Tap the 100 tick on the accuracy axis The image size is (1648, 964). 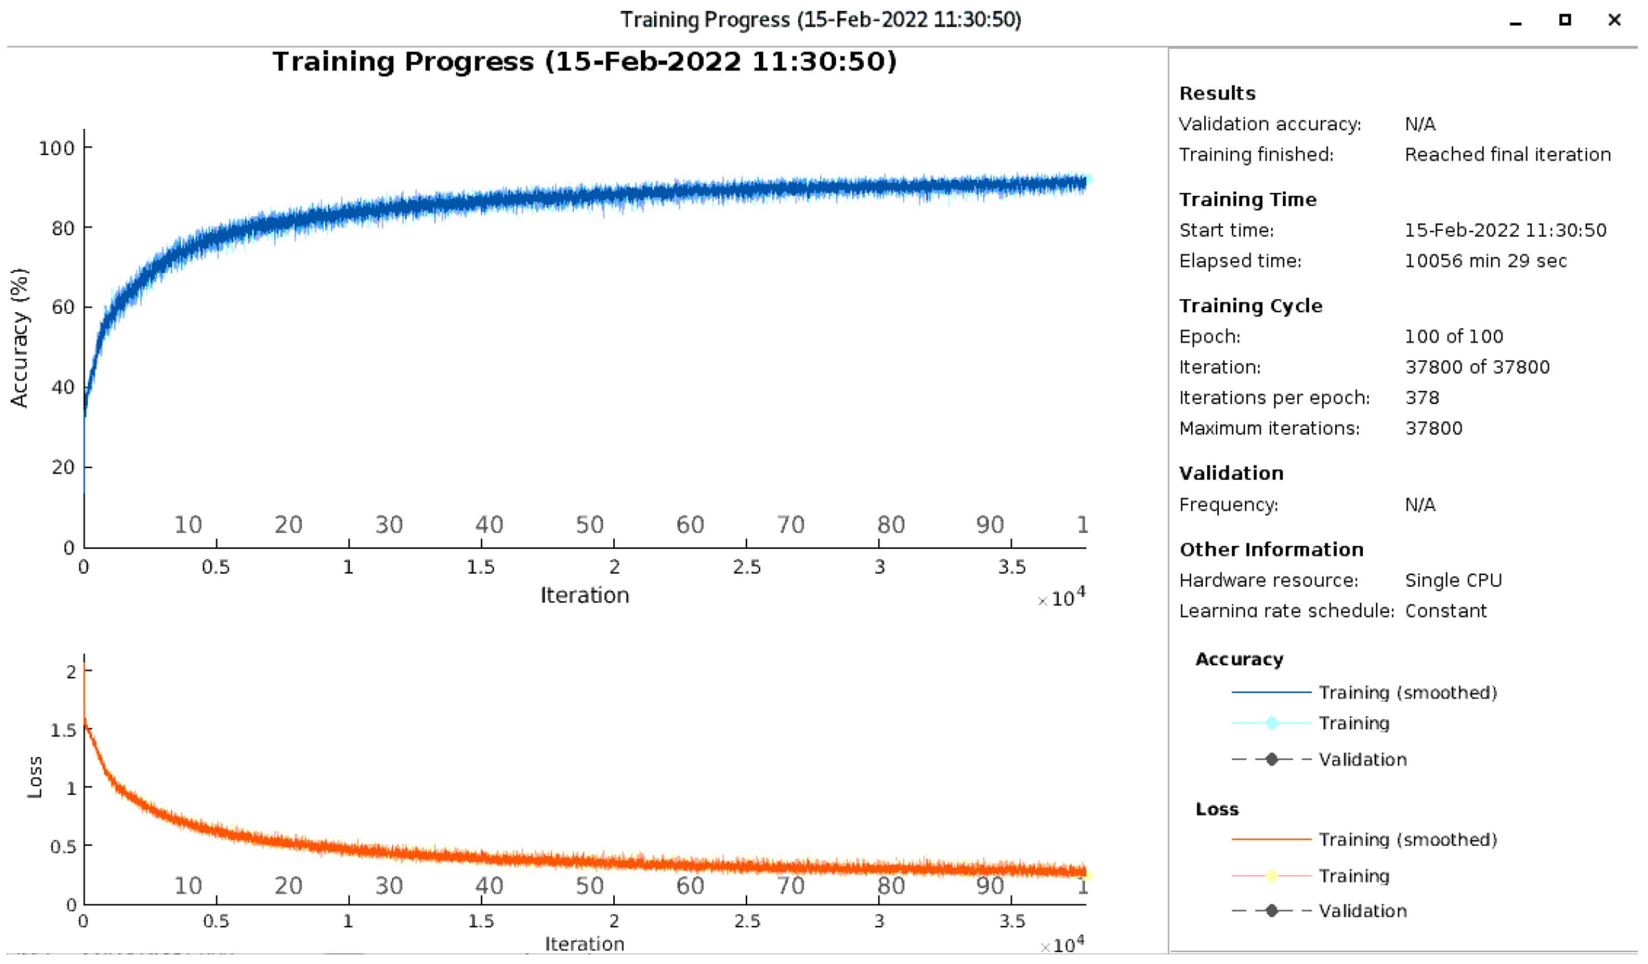[56, 148]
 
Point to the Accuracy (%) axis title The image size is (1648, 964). [19, 337]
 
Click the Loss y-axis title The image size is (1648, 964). [35, 777]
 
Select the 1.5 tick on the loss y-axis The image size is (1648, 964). [63, 730]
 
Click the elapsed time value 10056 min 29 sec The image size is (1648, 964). [1485, 261]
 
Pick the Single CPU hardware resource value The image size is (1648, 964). [1453, 580]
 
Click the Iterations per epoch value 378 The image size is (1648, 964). [1422, 398]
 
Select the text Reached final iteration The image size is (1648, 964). [1507, 154]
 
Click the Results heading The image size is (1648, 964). [1217, 94]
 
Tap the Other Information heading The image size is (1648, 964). [1271, 549]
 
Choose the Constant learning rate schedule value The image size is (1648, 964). [1445, 611]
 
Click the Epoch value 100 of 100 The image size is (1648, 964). [1454, 336]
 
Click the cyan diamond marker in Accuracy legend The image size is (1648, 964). [1271, 723]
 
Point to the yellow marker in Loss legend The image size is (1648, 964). [1271, 876]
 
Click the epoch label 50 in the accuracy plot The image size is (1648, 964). [589, 524]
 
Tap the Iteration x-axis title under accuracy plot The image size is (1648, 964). [585, 595]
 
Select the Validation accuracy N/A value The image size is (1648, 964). [1420, 124]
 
